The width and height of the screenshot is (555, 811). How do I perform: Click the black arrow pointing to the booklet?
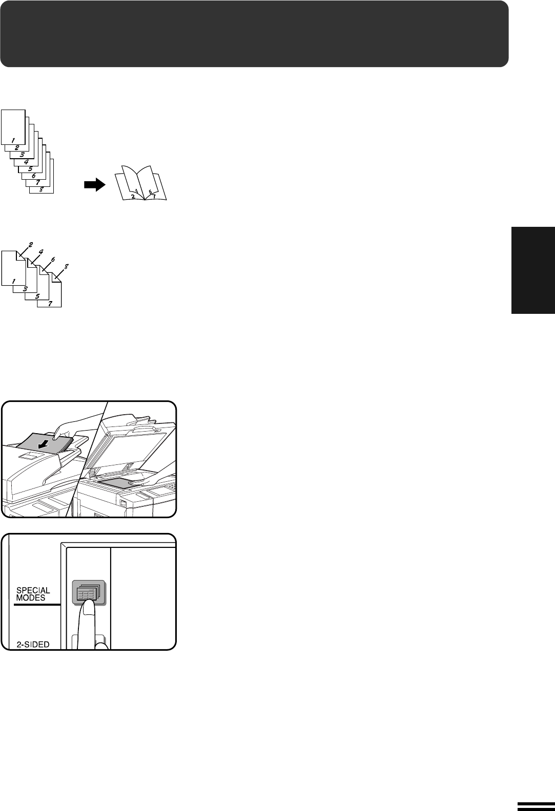point(95,185)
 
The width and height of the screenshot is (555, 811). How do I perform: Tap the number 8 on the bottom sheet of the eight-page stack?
point(42,189)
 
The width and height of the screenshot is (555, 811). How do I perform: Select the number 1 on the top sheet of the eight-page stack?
point(13,140)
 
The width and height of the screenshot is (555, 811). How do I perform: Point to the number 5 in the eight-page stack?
point(30,168)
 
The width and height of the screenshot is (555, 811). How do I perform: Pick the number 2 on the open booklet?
point(133,196)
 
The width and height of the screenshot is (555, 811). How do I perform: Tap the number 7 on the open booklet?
point(154,196)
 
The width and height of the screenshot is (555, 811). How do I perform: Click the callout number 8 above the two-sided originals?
point(66,267)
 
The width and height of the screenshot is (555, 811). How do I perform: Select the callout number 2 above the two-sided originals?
point(30,245)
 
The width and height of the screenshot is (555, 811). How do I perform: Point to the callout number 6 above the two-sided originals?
point(53,260)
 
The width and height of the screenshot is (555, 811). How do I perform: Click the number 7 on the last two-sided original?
point(50,304)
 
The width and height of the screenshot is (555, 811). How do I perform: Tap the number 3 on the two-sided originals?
point(25,289)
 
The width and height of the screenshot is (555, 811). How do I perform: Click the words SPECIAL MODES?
point(33,594)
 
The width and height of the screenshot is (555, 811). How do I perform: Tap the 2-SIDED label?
point(33,645)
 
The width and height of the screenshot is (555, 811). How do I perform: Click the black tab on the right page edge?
point(533,270)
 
